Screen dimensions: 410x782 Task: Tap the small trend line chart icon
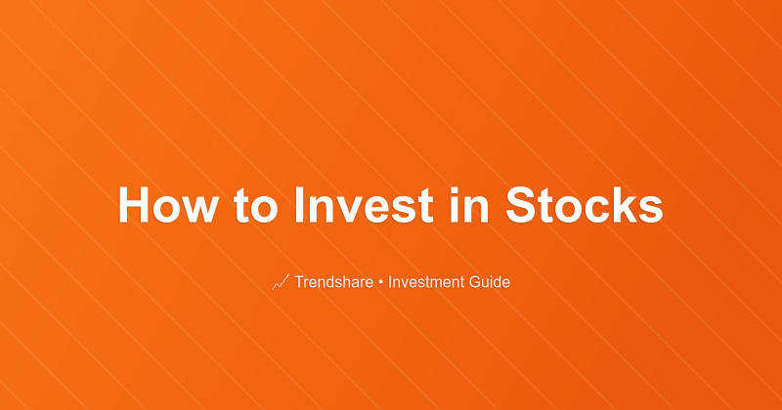pyautogui.click(x=280, y=282)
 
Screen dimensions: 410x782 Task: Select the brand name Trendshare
pyautogui.click(x=334, y=282)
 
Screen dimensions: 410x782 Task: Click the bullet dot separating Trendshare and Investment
pyautogui.click(x=381, y=282)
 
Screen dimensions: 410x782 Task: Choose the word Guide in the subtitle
pyautogui.click(x=491, y=282)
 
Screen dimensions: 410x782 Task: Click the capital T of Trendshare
pyautogui.click(x=298, y=282)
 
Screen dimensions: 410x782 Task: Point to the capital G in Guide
pyautogui.click(x=476, y=282)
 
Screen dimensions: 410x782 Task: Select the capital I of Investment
pyautogui.click(x=390, y=282)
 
